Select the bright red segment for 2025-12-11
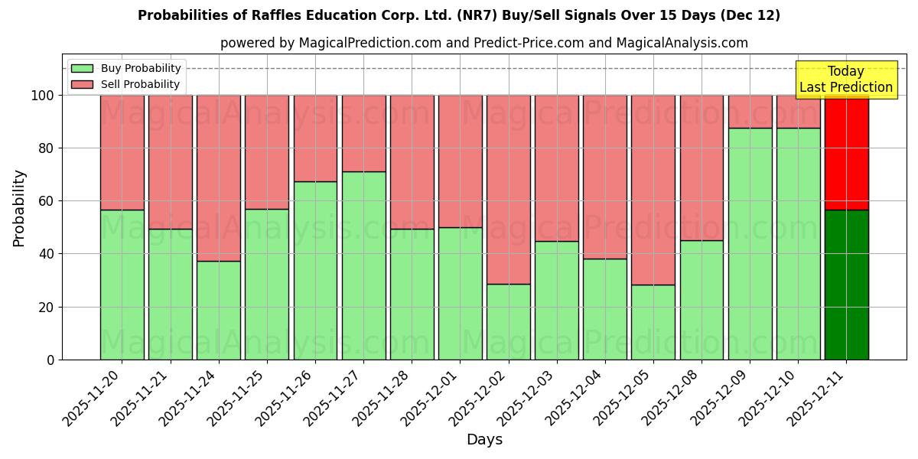(846, 152)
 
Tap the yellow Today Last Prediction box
(845, 80)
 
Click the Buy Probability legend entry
(126, 68)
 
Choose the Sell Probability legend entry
(126, 84)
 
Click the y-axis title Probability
(19, 207)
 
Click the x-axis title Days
(484, 440)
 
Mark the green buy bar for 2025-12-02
(508, 321)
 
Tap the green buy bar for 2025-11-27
(363, 265)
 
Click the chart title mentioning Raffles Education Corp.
(459, 15)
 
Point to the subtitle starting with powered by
(484, 43)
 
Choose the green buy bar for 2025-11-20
(122, 285)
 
